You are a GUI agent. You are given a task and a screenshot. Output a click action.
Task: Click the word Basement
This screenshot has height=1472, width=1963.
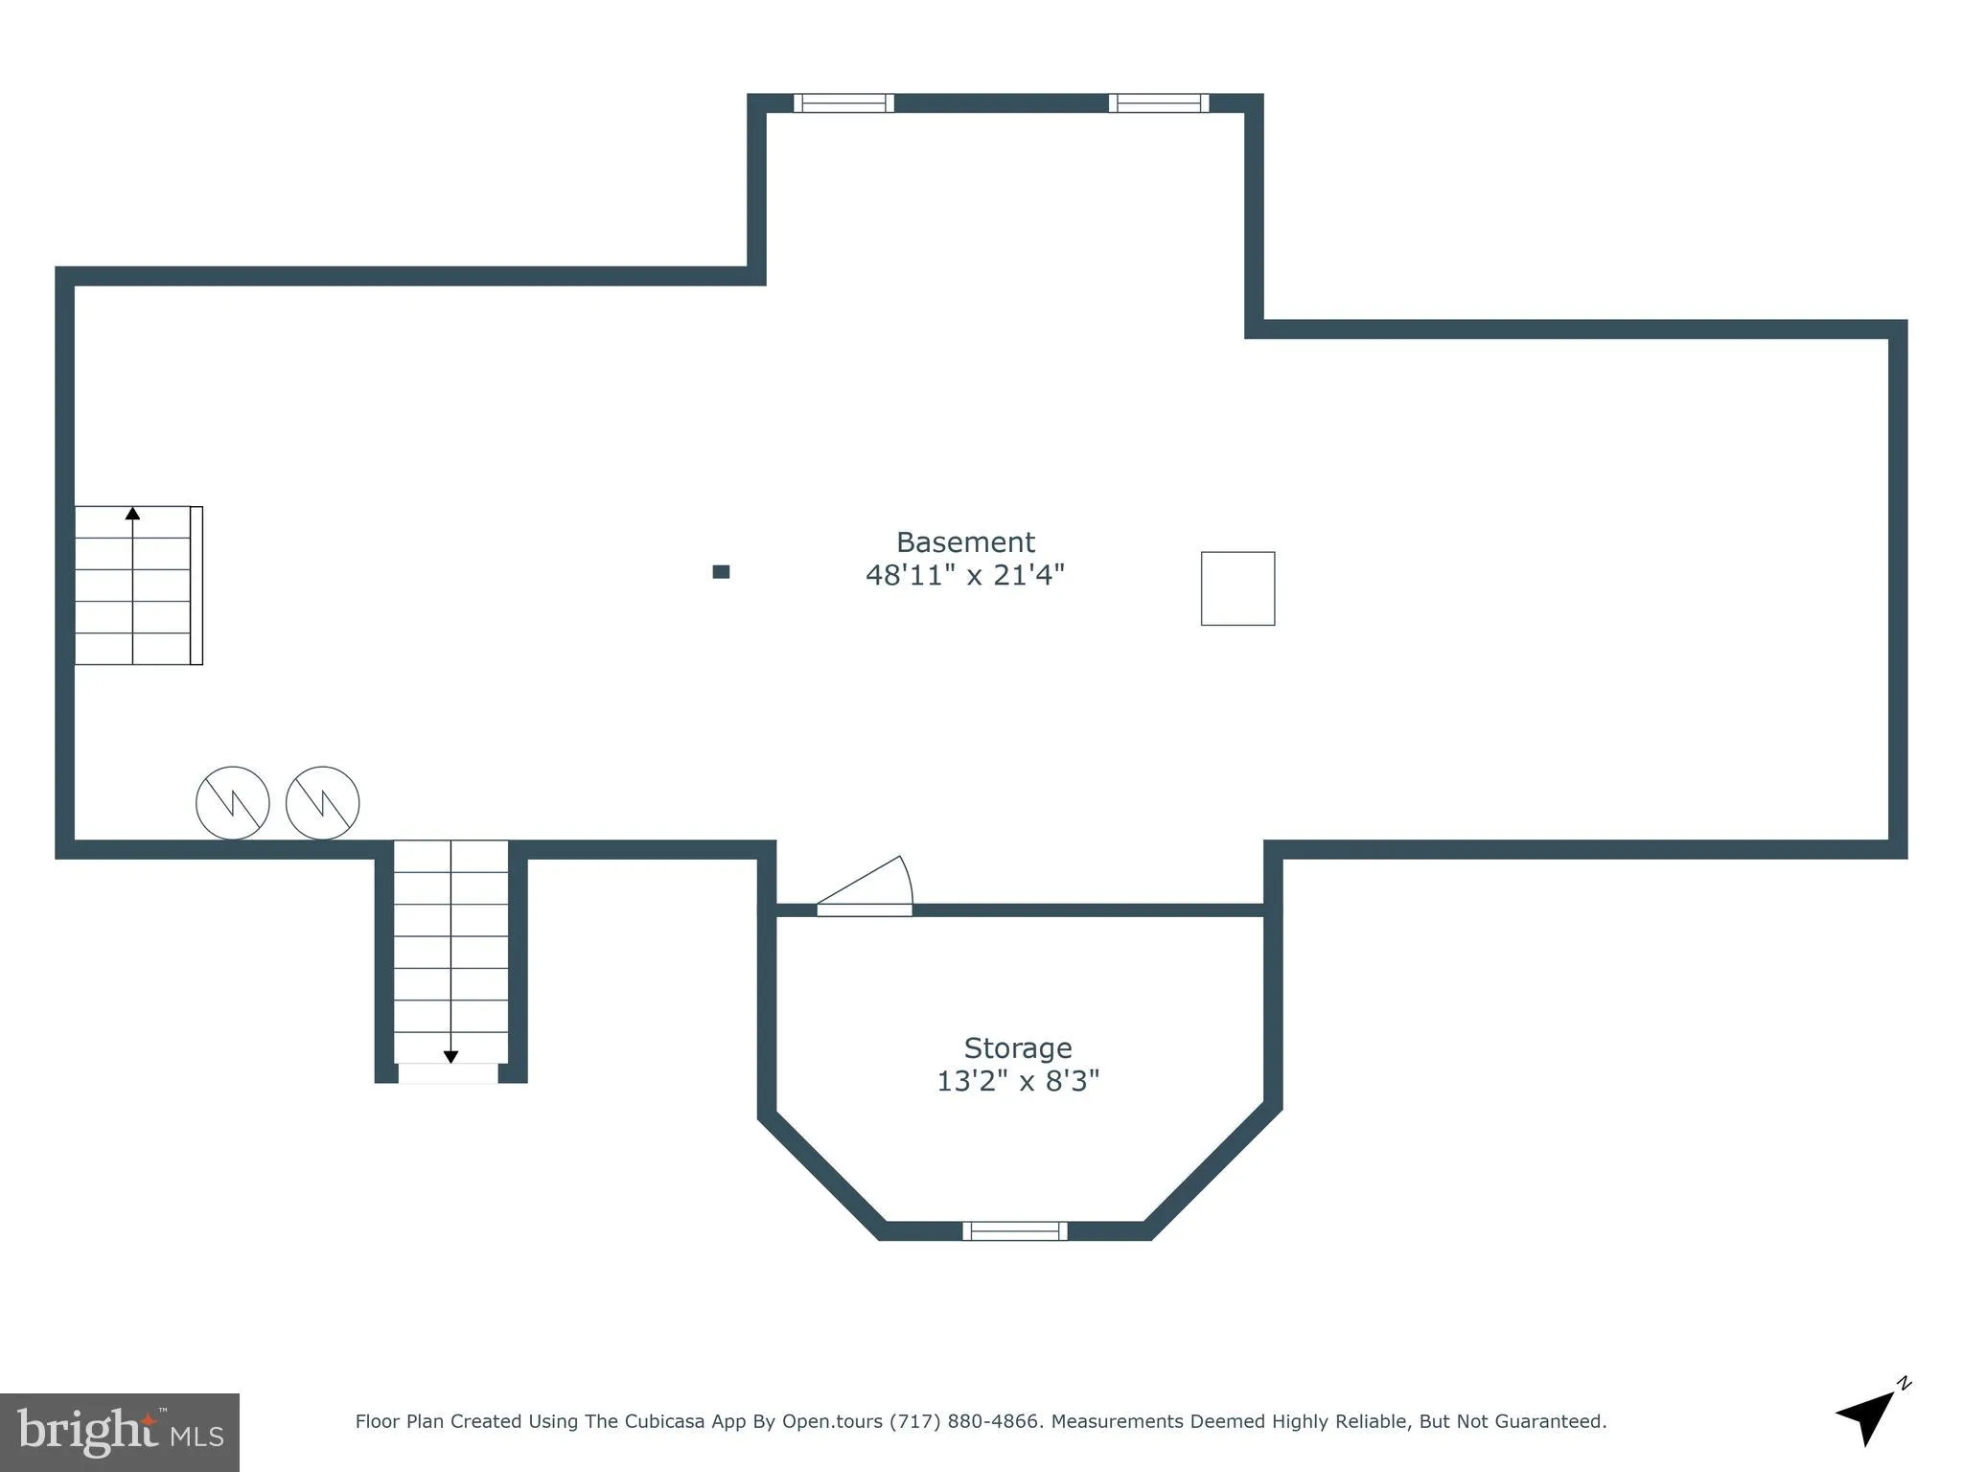pyautogui.click(x=964, y=542)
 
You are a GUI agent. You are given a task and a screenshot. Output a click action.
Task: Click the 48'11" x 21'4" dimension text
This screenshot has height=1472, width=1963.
pyautogui.click(x=964, y=575)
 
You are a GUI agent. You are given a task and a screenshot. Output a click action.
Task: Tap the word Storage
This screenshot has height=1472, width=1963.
pyautogui.click(x=1017, y=1047)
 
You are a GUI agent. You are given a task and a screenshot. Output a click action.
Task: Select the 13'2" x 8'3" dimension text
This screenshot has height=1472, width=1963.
pyautogui.click(x=1017, y=1081)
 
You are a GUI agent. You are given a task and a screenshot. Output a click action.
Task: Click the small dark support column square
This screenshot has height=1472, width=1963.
pyautogui.click(x=721, y=572)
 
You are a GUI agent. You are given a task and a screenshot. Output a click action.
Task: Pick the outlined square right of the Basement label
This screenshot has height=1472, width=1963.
pyautogui.click(x=1237, y=588)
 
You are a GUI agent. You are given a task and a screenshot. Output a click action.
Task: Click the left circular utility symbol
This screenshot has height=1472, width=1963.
pyautogui.click(x=232, y=803)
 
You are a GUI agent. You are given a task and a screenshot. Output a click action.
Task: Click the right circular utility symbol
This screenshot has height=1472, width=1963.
pyautogui.click(x=322, y=803)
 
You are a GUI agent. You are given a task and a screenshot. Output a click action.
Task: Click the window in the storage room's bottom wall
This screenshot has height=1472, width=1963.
pyautogui.click(x=1014, y=1230)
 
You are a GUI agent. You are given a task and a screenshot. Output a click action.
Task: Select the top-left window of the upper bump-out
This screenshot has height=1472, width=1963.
pyautogui.click(x=843, y=103)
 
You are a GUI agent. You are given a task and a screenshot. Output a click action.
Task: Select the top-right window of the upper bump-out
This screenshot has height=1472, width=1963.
pyautogui.click(x=1158, y=103)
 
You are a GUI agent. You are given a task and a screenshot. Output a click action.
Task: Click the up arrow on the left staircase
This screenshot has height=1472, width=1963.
pyautogui.click(x=132, y=515)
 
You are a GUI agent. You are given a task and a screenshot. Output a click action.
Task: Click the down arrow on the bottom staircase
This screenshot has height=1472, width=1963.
pyautogui.click(x=450, y=1056)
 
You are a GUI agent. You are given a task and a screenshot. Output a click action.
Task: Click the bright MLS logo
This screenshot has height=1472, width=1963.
pyautogui.click(x=119, y=1432)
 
